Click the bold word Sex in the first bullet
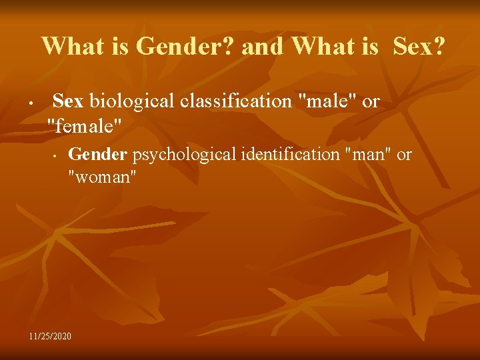[67, 101]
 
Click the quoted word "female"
[85, 124]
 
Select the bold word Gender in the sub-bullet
[98, 155]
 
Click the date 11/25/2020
[50, 335]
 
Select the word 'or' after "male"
[370, 101]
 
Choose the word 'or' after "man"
[405, 155]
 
